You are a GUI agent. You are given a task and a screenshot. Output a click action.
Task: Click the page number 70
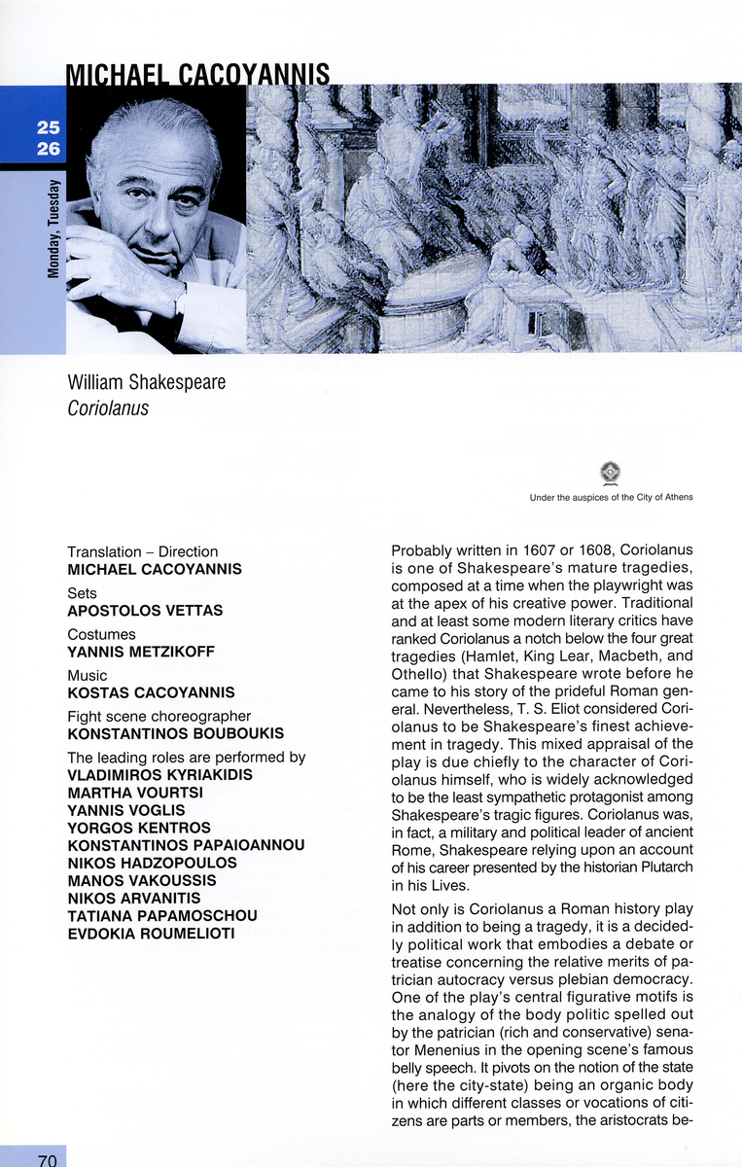tap(48, 1159)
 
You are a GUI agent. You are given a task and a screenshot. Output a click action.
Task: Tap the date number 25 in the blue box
tap(48, 127)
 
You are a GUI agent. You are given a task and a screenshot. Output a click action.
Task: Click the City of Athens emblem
tap(611, 473)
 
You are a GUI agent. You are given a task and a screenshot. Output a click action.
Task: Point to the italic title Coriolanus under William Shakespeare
tap(108, 408)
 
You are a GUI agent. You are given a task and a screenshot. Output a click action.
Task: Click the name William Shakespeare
tap(146, 382)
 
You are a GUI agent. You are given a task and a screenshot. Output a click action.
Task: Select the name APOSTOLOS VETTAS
tap(145, 611)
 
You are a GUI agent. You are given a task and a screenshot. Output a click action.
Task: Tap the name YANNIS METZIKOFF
tap(141, 652)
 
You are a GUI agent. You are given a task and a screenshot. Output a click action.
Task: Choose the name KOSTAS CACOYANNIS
tap(151, 693)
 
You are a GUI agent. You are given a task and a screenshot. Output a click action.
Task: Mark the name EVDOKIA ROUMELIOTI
tap(151, 933)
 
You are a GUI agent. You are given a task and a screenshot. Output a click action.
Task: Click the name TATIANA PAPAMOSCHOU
tap(162, 915)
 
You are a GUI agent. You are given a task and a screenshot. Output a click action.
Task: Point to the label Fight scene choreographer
tap(159, 717)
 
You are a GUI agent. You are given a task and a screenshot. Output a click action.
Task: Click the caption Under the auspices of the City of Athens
tap(611, 498)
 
